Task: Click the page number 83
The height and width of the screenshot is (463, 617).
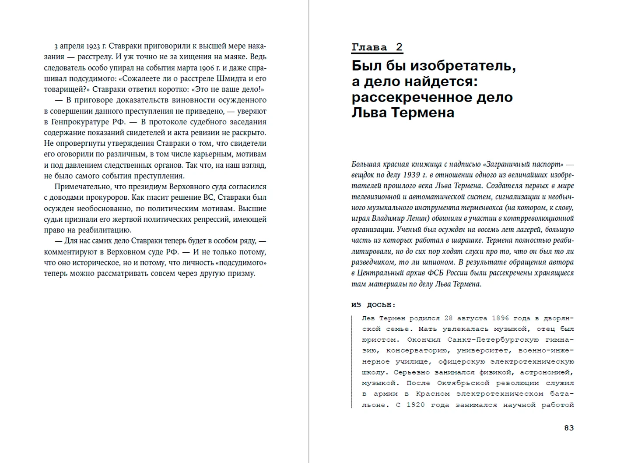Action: point(568,428)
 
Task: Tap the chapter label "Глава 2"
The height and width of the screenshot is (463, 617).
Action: point(377,47)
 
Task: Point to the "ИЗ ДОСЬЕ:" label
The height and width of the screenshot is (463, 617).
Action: point(373,305)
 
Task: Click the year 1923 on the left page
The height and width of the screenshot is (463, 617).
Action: point(93,46)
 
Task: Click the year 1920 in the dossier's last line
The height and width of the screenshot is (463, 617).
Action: point(415,405)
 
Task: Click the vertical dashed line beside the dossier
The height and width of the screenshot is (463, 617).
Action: point(352,361)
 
